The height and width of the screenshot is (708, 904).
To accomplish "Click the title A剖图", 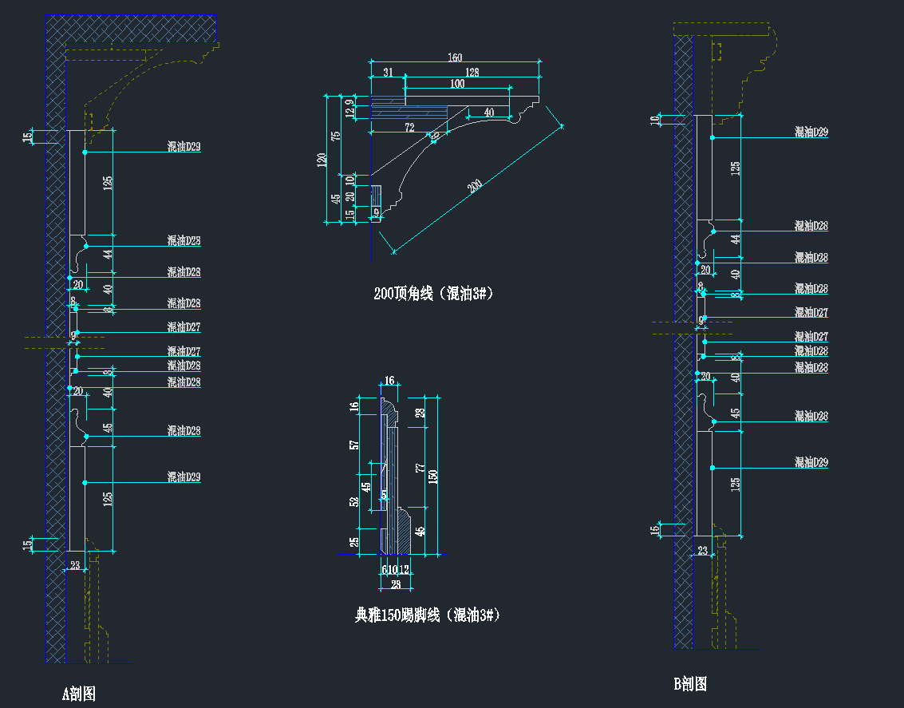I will pos(79,694).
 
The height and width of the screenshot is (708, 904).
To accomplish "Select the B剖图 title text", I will pos(690,684).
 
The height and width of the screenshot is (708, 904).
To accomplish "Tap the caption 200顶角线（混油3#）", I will pos(434,294).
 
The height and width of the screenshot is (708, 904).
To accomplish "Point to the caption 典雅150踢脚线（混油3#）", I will pos(427,615).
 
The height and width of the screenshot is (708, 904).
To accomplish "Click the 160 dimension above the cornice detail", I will pos(454,57).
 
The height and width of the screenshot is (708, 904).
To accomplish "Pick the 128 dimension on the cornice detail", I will pos(472,73).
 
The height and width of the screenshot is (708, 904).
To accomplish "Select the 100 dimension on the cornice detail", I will pos(457,84).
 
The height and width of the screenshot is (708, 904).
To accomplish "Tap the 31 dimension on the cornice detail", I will pos(388,73).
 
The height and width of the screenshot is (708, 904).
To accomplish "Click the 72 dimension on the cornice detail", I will pos(409,127).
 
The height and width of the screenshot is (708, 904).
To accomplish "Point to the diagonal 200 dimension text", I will pos(476,187).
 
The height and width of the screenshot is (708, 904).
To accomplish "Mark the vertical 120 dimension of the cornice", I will pos(322,160).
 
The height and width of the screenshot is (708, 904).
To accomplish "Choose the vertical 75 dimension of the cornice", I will pos(336,135).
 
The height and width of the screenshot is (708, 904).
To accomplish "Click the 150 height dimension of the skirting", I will pos(433,476).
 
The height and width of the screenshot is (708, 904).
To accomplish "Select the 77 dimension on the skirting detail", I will pos(420,468).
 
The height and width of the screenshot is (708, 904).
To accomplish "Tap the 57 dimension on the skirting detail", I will pos(354,445).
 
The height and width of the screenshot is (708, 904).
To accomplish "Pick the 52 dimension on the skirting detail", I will pos(354,502).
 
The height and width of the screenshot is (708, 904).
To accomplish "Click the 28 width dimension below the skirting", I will pos(395,584).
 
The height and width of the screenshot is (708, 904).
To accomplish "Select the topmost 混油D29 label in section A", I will pos(184,147).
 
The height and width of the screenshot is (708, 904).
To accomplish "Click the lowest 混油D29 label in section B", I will pos(811,462).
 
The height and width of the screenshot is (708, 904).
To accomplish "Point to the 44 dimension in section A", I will pos(108,254).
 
